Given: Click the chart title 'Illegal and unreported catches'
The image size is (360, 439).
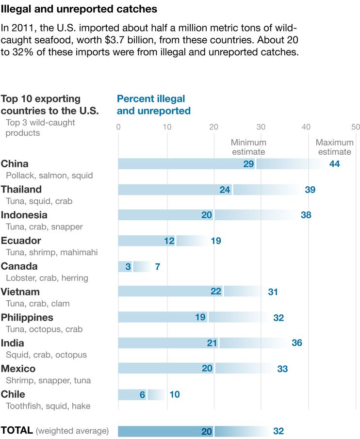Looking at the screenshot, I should pos(79,9).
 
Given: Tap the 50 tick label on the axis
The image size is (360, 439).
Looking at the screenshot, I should pos(356,127).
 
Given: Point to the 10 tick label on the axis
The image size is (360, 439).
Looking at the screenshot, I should pos(166,127).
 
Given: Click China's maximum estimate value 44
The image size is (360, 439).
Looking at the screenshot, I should pos(334,164).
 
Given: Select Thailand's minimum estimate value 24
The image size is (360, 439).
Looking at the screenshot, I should pos(225,190).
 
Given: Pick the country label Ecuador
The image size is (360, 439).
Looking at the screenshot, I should pos(21,241).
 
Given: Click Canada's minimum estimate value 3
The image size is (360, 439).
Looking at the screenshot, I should pos(128,267).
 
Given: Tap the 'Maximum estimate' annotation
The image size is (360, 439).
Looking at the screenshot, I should pos(334,147).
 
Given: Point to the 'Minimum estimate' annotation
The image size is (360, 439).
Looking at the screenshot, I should pos(248,147).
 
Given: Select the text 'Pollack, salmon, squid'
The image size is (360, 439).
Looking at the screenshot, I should pos(49,176).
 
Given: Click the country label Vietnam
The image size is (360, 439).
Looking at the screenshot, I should pos(20,292).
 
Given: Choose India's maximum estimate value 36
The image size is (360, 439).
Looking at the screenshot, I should pos(297,343).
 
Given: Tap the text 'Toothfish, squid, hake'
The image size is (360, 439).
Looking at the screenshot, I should pos(48,406).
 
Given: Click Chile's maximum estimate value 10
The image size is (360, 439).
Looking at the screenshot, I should pos(175,394).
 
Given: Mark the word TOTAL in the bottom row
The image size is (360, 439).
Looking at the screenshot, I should pos(17,430).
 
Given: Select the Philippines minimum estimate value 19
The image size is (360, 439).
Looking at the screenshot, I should pos(200,318).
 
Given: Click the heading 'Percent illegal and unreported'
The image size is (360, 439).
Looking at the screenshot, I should pos(153,105).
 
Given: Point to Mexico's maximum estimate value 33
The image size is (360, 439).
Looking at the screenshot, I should pos(282,369).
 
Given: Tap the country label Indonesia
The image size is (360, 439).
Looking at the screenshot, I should pos(24,215).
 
